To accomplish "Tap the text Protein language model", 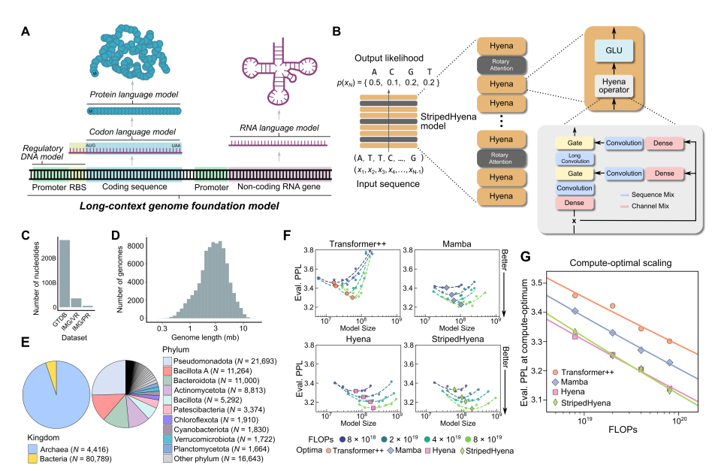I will click(132, 96).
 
